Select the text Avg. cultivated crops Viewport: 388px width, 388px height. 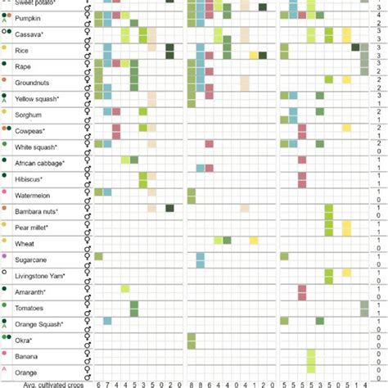[x=46, y=383]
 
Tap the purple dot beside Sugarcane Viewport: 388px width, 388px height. [x=5, y=257]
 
